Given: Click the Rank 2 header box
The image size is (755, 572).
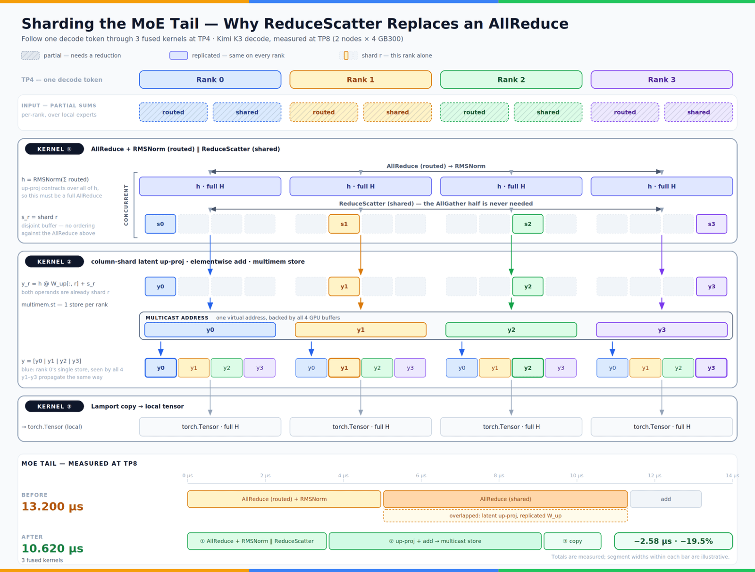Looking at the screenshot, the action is (511, 79).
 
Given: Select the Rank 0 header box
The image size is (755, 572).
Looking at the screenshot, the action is (210, 79).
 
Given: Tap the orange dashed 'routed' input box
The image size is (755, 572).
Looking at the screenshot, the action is (324, 112).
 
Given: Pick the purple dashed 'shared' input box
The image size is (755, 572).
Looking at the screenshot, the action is (698, 112).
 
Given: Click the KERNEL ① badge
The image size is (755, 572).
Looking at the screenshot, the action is (54, 149).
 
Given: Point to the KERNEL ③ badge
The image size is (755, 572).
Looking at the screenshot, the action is (54, 406).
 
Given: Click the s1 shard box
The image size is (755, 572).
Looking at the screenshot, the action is (344, 224).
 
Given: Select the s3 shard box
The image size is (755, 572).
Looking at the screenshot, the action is (711, 224).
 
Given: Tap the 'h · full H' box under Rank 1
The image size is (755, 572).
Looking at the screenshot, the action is (361, 186).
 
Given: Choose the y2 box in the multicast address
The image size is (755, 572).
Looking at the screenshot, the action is (511, 330).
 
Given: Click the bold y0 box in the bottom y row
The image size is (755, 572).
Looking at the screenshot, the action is (160, 368).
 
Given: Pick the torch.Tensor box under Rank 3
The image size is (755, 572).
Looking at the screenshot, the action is (662, 427).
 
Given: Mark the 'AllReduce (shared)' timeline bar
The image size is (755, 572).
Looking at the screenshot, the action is (505, 499).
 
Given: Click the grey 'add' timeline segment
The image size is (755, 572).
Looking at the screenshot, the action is (665, 499).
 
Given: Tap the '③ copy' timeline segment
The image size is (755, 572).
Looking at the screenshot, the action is (572, 541).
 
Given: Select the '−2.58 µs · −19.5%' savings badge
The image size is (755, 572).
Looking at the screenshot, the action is (673, 541).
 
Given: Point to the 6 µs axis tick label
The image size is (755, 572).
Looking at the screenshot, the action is (421, 475).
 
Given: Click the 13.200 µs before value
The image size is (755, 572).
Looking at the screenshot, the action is (52, 507).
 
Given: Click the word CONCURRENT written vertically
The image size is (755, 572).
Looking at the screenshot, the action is (126, 205).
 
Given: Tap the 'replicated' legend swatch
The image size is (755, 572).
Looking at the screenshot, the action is (178, 55).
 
